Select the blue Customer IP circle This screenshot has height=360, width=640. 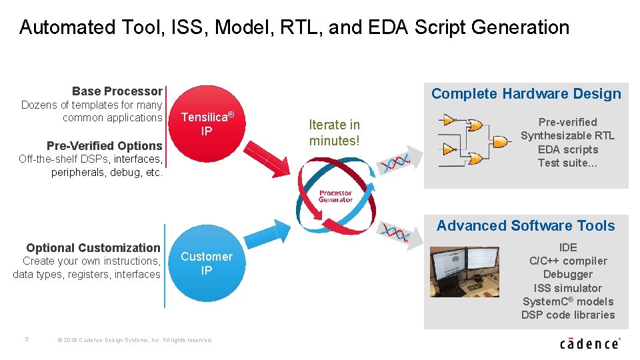pos(207,264)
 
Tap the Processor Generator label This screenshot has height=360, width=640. pos(335,196)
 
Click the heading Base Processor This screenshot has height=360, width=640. pos(117,91)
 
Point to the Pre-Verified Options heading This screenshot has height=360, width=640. pos(105,146)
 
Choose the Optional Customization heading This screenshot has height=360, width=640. pos(93,248)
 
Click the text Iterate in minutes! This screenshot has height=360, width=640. pos(334,133)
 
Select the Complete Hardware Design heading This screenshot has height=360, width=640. pos(526,94)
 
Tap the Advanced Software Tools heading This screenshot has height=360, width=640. pos(525,226)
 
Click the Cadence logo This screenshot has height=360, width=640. pos(590,343)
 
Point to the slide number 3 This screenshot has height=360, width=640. pos(26,339)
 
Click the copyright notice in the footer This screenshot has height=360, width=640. pos(135,340)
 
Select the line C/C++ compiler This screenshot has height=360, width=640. pos(568,261)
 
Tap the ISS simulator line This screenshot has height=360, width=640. pos(568,288)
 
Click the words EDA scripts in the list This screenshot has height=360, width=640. pos(567,149)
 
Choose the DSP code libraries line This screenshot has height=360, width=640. pos(568,315)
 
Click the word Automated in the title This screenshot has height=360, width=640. pos(59,27)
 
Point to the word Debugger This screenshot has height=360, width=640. pos(568,275)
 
